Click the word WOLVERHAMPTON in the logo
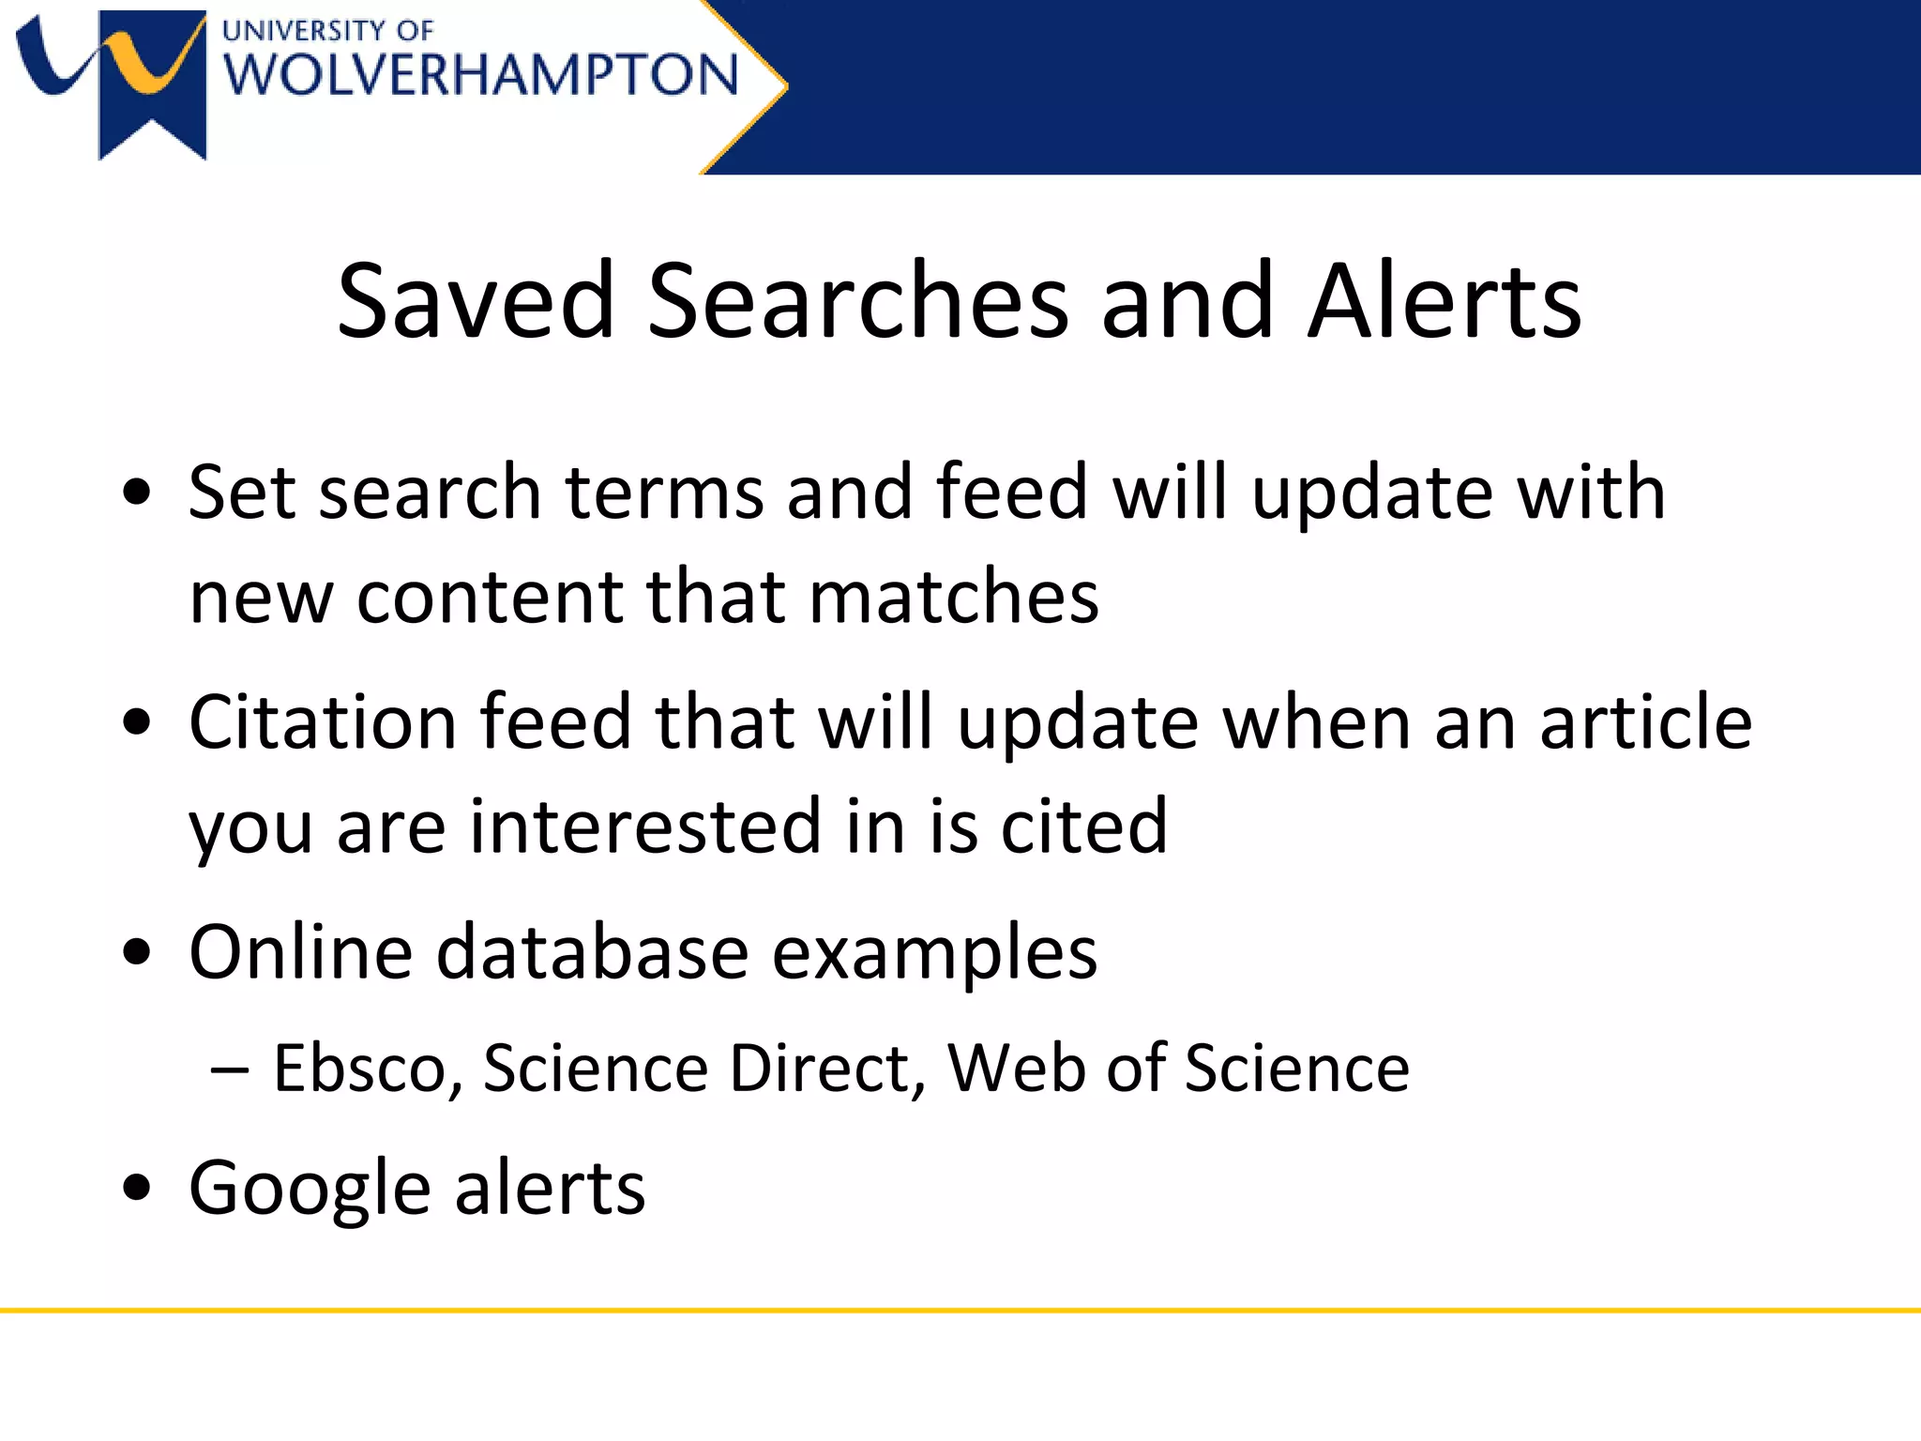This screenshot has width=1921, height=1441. click(x=480, y=75)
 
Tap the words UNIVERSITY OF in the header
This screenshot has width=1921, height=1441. click(x=327, y=31)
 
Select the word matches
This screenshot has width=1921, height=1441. click(x=954, y=597)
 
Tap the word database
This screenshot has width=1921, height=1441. click(x=593, y=952)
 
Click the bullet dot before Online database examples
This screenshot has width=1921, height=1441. click(x=137, y=952)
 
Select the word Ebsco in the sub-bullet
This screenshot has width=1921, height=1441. click(x=359, y=1069)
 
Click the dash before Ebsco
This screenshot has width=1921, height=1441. click(x=231, y=1069)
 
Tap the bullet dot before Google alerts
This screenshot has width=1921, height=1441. click(x=137, y=1187)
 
